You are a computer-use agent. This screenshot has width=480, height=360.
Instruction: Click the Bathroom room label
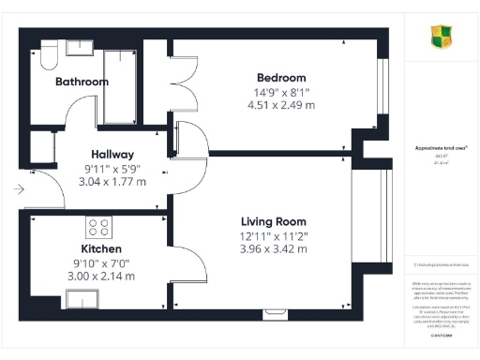click(82, 82)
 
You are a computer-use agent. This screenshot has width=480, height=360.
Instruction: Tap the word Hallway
click(112, 154)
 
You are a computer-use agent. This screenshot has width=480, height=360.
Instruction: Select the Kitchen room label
click(101, 250)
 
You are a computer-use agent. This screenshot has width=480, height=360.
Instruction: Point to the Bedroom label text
click(282, 77)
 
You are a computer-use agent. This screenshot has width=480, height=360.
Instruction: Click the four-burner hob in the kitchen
click(98, 227)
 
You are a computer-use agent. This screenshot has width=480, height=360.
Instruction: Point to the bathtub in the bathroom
click(120, 86)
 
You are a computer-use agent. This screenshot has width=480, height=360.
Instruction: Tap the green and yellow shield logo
click(440, 37)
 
